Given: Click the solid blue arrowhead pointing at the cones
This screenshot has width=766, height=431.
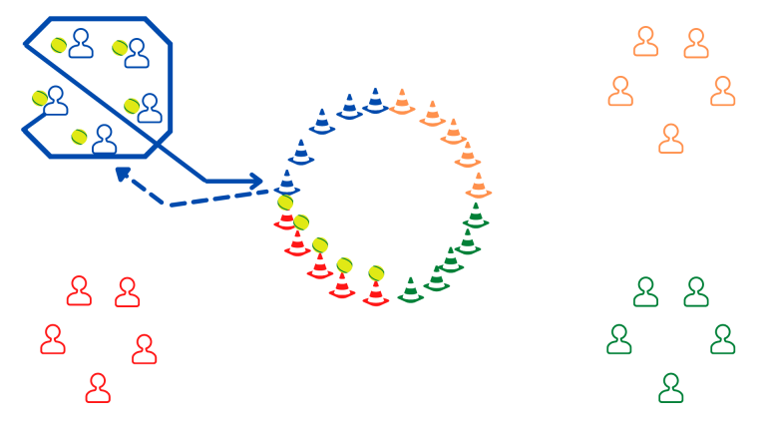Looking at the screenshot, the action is [257, 182].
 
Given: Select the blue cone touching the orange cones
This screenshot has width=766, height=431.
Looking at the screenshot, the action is [375, 100].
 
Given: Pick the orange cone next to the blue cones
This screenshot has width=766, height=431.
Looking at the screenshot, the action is [402, 101].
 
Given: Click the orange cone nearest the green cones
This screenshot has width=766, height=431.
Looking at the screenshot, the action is [479, 186].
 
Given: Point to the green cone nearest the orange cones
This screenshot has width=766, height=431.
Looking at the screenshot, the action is [476, 215].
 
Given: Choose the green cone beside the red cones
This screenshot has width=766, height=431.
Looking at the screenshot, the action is [410, 290].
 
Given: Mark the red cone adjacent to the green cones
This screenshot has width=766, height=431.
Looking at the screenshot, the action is [376, 293].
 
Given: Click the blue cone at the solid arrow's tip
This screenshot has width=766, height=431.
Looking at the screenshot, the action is [287, 183].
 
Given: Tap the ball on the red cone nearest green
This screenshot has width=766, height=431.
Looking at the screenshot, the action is [376, 272].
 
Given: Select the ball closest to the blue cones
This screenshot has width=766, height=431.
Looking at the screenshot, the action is [285, 203].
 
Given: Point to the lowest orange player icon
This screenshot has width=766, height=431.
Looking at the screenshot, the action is [671, 139].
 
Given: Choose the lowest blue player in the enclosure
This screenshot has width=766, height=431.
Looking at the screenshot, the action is [104, 140].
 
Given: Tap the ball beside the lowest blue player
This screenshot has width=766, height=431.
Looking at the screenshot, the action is [80, 136].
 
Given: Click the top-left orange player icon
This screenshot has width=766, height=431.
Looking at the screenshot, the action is [646, 42].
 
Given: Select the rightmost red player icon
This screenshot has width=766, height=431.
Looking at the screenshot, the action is [145, 349].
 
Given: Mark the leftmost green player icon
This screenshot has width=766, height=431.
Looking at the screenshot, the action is [619, 339].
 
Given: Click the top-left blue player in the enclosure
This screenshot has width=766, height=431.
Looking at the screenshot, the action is [81, 43].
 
